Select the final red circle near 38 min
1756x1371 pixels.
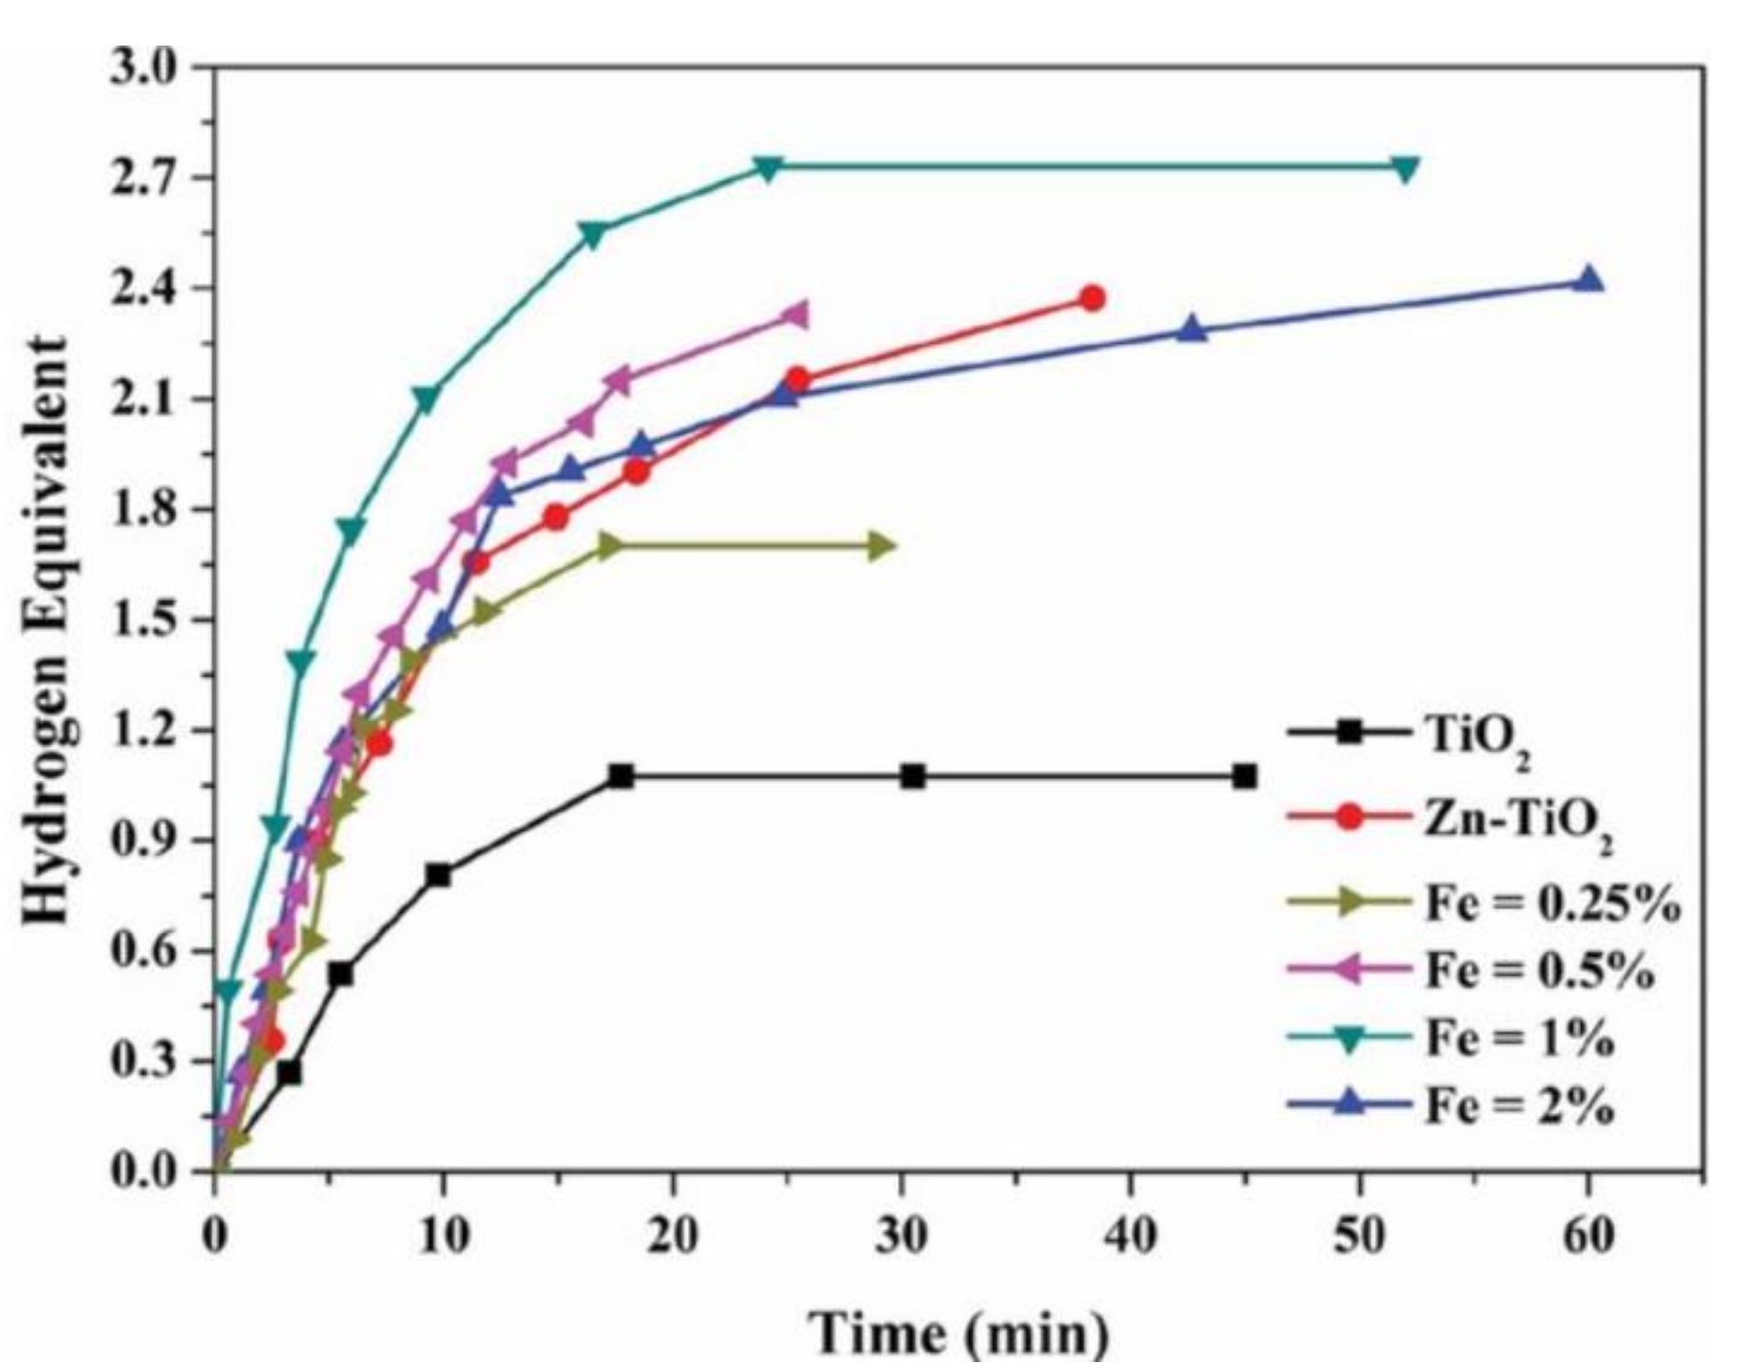click(x=1092, y=298)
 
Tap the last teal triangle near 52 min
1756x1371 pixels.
click(x=1405, y=168)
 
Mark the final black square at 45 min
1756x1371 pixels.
click(x=1245, y=777)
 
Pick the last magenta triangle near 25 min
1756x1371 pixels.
click(x=793, y=315)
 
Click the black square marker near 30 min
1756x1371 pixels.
click(x=912, y=777)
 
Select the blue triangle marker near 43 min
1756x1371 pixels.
click(x=1192, y=330)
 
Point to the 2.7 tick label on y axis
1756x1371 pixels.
click(x=144, y=179)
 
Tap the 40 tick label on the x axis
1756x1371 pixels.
click(x=1131, y=1238)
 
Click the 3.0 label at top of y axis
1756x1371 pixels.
click(x=144, y=68)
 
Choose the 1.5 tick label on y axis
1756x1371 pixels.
click(x=144, y=620)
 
